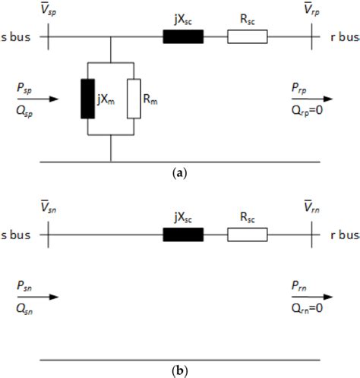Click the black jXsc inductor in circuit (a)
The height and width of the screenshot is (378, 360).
coord(183,36)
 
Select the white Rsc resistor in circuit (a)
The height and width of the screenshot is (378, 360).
coord(247,36)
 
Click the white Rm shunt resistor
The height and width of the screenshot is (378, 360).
coord(134,98)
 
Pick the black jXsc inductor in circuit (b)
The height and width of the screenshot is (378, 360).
coord(183,235)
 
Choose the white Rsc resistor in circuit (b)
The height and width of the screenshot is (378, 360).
coord(247,235)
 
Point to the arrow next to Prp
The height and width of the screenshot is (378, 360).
coord(319,99)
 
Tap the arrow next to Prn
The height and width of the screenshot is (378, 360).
coord(319,297)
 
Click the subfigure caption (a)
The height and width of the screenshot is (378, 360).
coord(179,173)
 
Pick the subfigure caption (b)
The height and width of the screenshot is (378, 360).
coord(179,370)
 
